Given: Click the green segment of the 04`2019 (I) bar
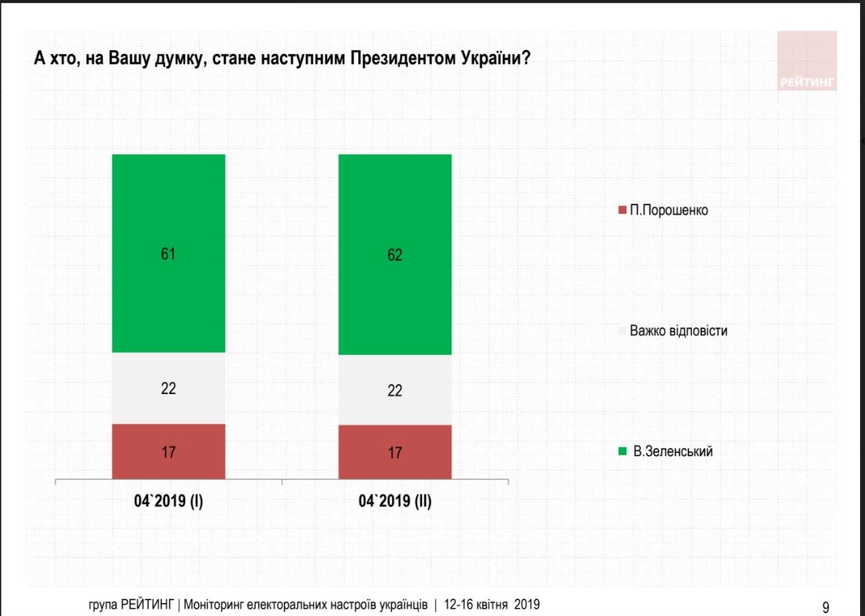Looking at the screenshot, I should point(169,216).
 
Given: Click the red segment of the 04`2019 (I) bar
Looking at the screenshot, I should point(169,461).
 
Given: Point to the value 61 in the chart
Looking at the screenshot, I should point(169,254).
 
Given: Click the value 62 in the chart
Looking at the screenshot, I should point(394,255).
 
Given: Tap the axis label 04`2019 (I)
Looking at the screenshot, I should point(169,501).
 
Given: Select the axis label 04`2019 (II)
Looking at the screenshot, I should point(395,501).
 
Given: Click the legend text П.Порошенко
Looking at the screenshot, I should point(669,210).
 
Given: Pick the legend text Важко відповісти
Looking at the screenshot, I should point(678,331).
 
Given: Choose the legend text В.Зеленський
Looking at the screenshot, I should point(673,452).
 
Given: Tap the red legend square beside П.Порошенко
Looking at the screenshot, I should point(623,210).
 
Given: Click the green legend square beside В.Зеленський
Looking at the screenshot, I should point(623,452).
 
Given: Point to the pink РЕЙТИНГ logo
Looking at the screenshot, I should point(807,61).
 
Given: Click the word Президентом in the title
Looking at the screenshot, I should point(402,59).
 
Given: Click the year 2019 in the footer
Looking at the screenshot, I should point(527,604).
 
